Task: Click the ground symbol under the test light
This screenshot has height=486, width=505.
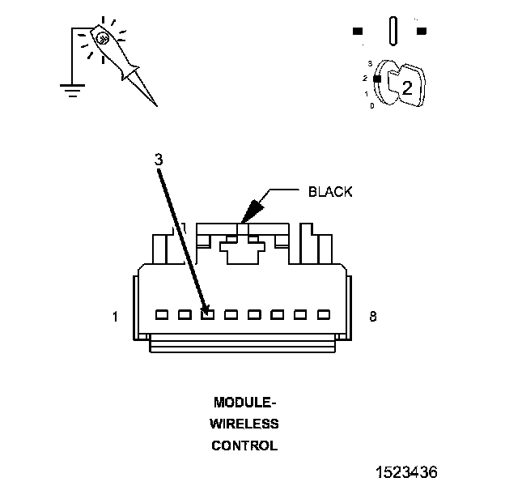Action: point(73,90)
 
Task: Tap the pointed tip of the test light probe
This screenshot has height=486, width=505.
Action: point(155,105)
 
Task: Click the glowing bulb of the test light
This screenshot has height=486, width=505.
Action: point(102,36)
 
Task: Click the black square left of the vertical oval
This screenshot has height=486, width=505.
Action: point(359,32)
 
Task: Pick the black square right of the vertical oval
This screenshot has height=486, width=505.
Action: point(421,32)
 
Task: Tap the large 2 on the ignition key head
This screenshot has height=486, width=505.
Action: point(407,87)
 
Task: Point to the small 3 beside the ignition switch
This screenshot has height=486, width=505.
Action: point(370,62)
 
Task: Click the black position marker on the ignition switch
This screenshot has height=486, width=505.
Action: point(376,78)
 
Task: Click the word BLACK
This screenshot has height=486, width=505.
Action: point(330,192)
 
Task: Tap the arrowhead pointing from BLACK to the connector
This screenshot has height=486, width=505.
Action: point(248,213)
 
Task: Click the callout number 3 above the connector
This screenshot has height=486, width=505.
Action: point(159,160)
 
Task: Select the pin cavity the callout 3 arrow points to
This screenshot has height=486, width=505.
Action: point(207,313)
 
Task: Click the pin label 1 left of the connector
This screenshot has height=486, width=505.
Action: point(115,317)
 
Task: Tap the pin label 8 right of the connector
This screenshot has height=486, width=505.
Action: point(372,317)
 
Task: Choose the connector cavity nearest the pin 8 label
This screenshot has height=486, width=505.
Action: point(324,313)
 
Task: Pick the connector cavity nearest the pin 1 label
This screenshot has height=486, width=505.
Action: point(161,313)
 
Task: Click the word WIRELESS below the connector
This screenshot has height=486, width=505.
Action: point(244,424)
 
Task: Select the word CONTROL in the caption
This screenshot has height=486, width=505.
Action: point(244,446)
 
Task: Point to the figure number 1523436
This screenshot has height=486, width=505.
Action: point(405,471)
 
